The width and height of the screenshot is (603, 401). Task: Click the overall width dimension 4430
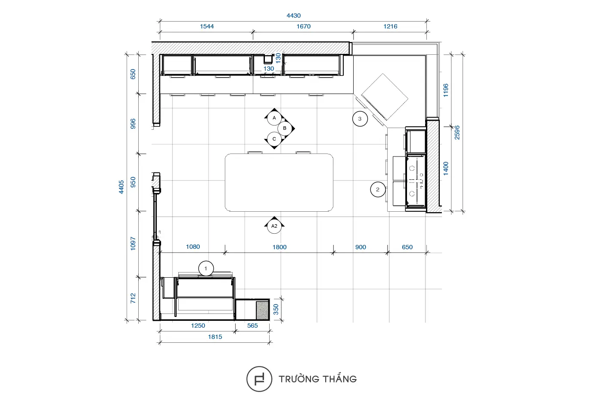(x=293, y=16)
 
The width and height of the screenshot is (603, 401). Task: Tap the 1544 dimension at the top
(x=207, y=26)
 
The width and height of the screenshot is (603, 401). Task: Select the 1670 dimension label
(x=303, y=26)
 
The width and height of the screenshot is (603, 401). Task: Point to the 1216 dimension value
(x=390, y=26)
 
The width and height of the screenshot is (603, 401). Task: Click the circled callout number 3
(x=360, y=119)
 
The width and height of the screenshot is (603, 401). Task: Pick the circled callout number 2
(x=378, y=189)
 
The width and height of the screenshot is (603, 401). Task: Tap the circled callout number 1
(x=206, y=268)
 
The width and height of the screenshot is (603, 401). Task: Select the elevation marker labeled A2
(x=274, y=226)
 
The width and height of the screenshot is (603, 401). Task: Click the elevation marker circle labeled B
(x=285, y=128)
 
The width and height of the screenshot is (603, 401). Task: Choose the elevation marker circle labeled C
(x=274, y=139)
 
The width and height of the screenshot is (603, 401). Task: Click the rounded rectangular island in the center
(x=279, y=182)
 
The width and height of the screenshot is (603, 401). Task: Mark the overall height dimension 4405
(x=121, y=187)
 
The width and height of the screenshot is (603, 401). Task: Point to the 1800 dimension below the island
(x=280, y=247)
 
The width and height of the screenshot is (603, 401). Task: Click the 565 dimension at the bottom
(x=252, y=326)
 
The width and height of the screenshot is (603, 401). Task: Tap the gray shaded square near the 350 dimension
(x=262, y=310)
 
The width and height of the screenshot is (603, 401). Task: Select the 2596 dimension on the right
(x=457, y=133)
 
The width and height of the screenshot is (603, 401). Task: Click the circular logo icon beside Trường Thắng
(x=259, y=379)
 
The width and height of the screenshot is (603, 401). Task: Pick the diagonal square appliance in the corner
(x=384, y=97)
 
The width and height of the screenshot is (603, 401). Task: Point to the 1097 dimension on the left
(x=133, y=244)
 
